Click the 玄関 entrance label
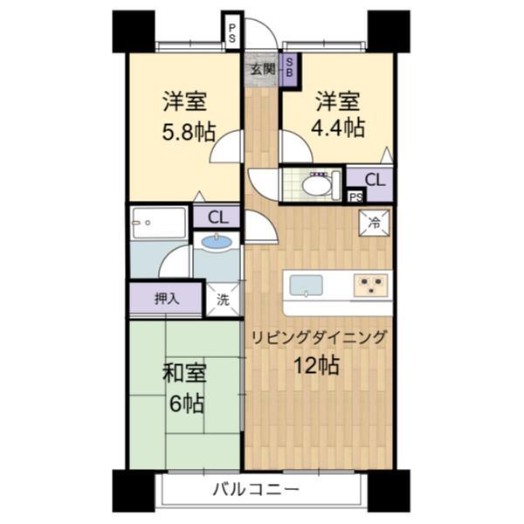pos(261,68)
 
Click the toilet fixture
pos(315,184)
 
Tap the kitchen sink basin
pos(306,285)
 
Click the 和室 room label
pos(184,375)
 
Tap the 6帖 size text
pos(185,403)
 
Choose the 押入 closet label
pos(166,299)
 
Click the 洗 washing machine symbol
pos(223,299)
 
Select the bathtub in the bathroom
pos(158,224)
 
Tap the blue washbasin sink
pos(217,242)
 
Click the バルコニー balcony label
pos(256,489)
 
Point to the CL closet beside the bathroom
pos(217,217)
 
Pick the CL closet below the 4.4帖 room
pos(374,180)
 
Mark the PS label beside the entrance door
pos(231,33)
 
